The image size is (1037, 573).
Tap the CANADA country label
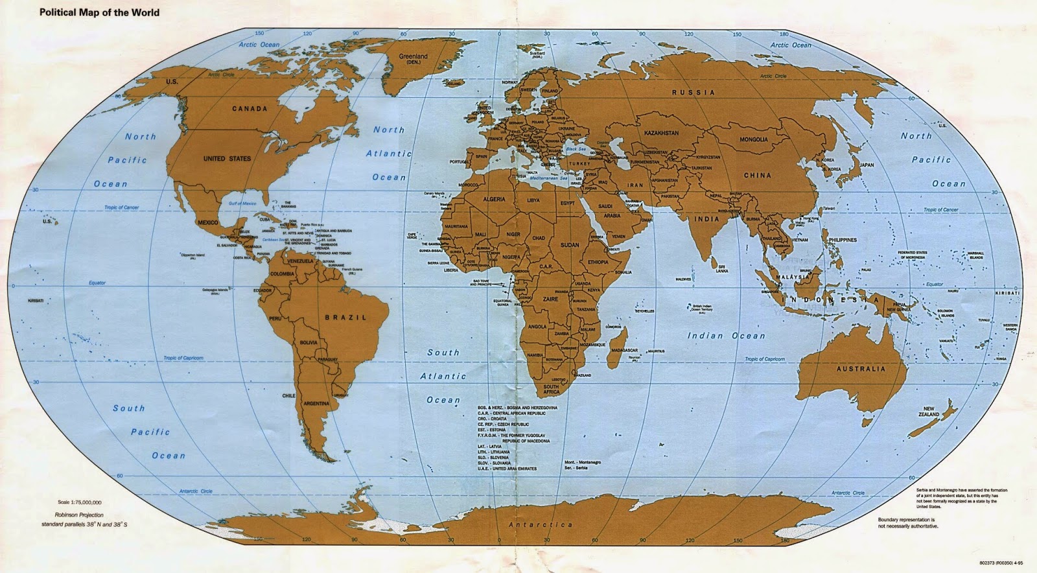coord(250,109)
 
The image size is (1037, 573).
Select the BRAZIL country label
coord(345,318)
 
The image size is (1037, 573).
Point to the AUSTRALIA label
coord(860,369)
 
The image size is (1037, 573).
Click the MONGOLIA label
coord(754,139)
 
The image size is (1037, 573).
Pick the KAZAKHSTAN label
coord(661,133)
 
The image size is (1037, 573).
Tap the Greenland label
coord(413,57)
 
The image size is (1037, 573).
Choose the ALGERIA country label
coord(493,199)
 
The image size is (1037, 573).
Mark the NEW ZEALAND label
coord(928,411)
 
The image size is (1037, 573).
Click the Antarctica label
coord(541,524)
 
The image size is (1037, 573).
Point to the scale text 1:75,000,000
coord(79,502)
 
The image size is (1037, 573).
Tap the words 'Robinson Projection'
coord(80,515)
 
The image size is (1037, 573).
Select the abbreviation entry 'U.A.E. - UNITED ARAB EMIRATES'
coord(507,469)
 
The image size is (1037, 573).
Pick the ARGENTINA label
coord(316,403)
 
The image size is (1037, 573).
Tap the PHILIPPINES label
coord(842,240)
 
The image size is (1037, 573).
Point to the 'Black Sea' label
coord(575,149)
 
